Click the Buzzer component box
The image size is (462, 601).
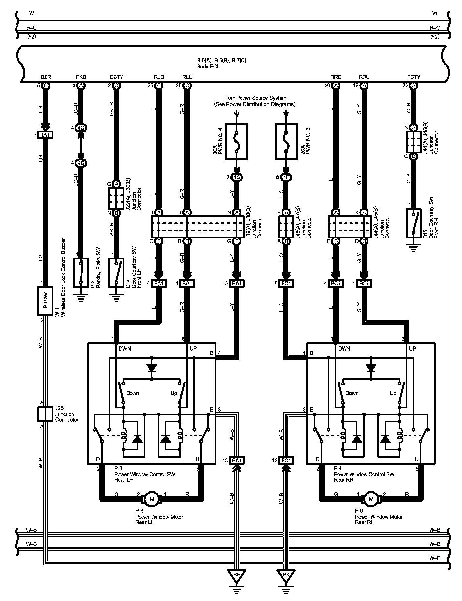45,301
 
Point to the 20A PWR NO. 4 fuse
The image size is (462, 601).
236,142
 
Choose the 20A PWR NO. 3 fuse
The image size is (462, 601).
286,142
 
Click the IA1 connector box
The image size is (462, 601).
45,135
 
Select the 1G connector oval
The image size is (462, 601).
236,177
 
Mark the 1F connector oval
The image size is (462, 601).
286,177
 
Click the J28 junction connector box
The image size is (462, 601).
45,414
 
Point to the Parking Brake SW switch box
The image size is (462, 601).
81,272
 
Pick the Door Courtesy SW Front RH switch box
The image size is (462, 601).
414,223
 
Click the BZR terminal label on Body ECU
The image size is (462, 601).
45,77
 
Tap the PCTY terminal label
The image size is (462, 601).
413,77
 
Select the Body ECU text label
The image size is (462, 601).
209,67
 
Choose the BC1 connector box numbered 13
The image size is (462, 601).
286,460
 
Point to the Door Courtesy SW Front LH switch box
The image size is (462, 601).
116,272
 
